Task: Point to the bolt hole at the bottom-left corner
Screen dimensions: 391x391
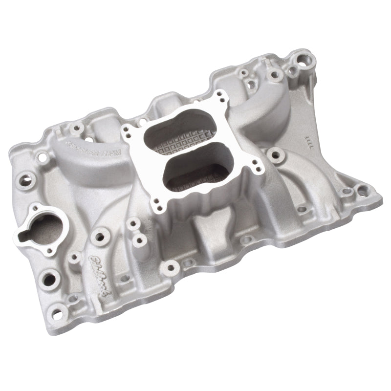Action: (58, 309)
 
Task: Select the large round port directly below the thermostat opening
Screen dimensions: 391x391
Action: (50, 279)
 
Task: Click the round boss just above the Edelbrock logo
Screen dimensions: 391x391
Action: (102, 236)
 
